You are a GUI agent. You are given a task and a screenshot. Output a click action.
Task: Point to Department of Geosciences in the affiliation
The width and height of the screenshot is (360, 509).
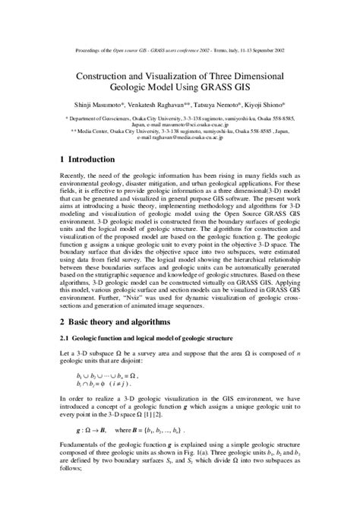105,119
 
